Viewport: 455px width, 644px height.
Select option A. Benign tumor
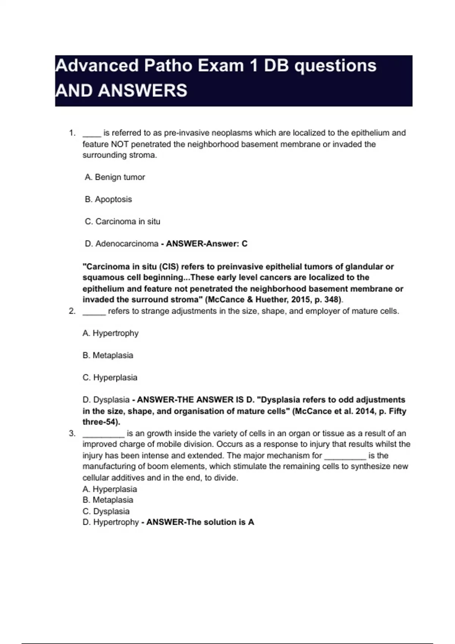coord(115,177)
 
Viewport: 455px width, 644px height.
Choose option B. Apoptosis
coord(108,199)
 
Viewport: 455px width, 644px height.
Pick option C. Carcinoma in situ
coord(122,222)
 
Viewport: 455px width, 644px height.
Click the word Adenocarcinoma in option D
coord(127,244)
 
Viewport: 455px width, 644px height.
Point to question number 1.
coord(72,133)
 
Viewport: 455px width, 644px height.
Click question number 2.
coord(72,311)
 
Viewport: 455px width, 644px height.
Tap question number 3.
coord(72,433)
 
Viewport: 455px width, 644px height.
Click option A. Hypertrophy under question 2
coord(110,333)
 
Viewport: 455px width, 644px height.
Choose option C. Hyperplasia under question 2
coord(110,378)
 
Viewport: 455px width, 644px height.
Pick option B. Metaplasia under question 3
coord(108,500)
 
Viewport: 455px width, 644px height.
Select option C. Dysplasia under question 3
coord(106,511)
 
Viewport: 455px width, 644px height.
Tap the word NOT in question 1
coord(119,144)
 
